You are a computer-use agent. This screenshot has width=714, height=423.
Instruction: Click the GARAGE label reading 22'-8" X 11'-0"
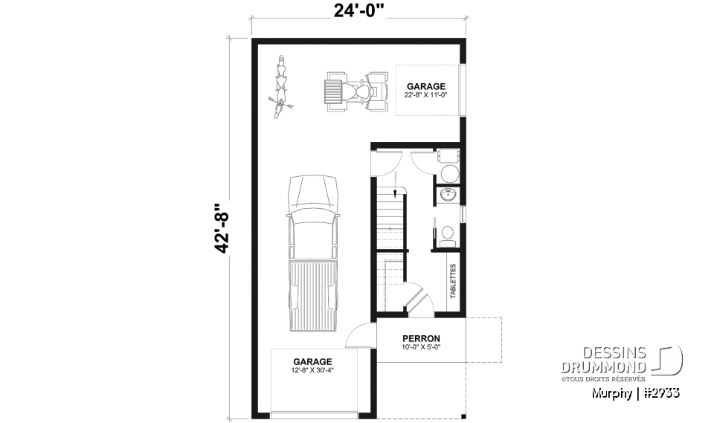425,91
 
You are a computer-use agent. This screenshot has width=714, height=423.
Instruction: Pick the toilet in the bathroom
447,234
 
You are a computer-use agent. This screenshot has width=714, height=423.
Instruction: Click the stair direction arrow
394,195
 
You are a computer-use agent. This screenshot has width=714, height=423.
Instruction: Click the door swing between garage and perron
364,336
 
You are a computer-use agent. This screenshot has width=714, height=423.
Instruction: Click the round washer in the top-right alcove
448,174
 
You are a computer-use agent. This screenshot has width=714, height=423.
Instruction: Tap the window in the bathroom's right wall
463,213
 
